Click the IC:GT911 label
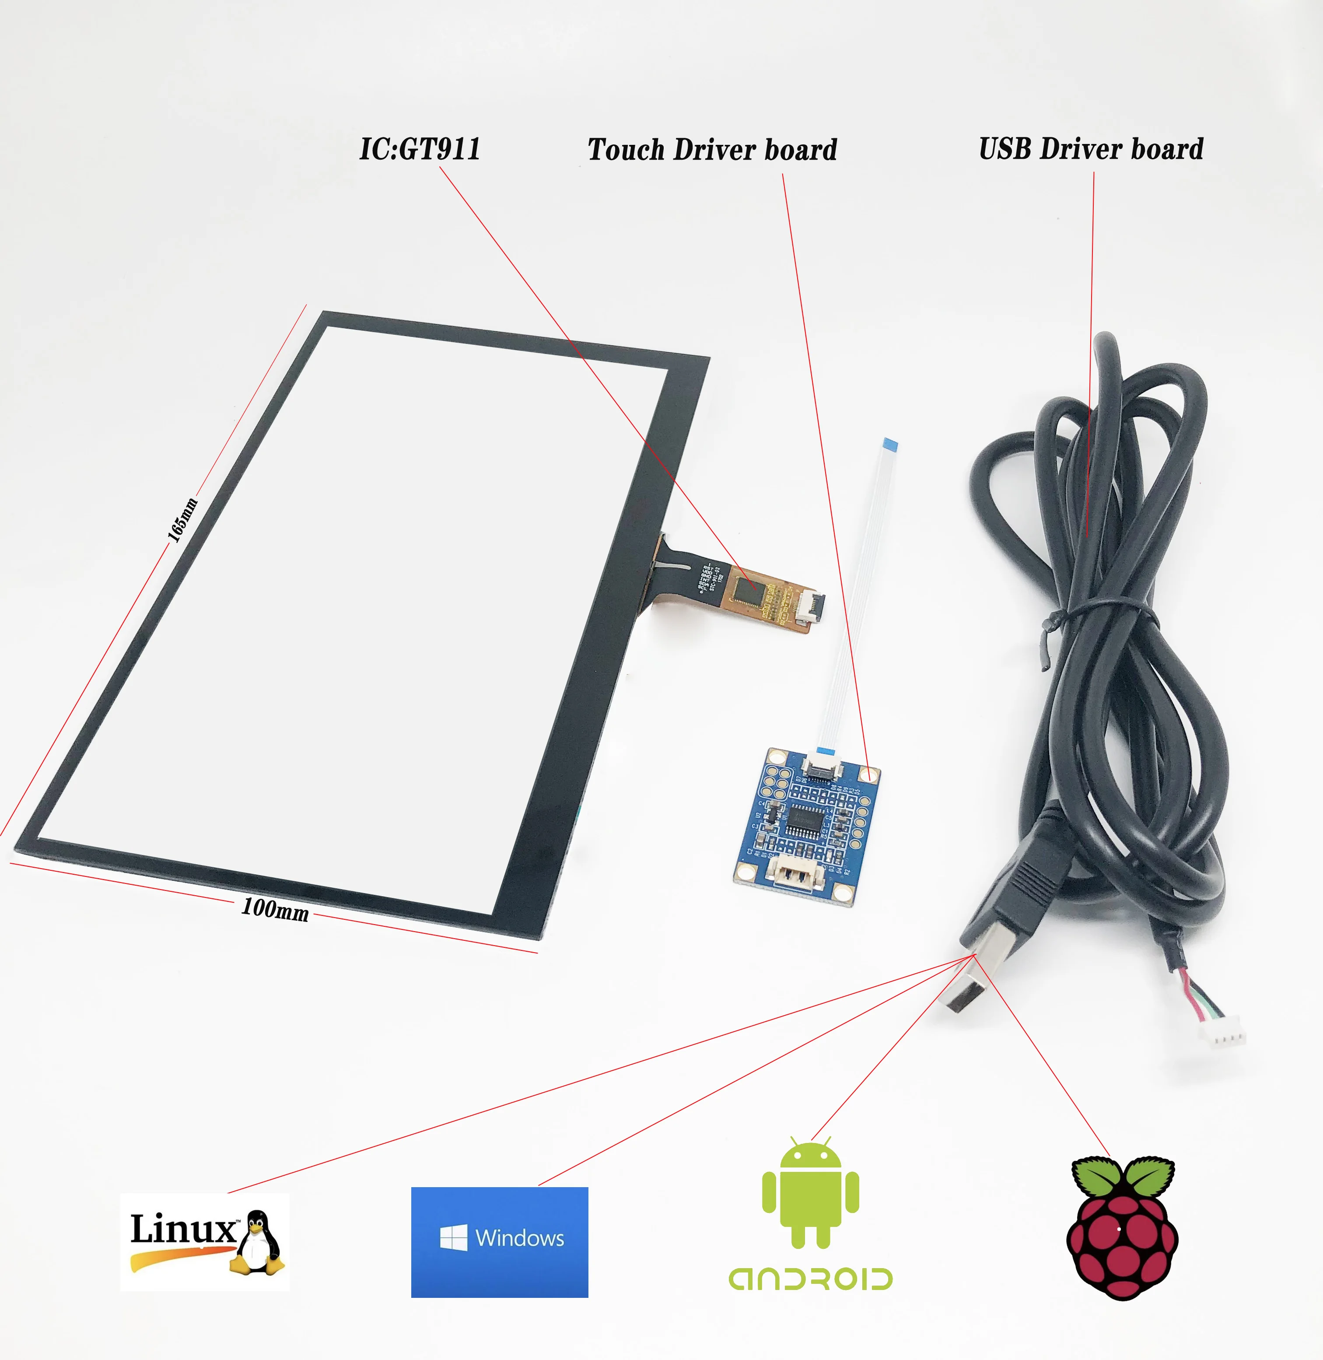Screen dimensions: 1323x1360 pos(420,149)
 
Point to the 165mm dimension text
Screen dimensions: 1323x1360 pos(183,520)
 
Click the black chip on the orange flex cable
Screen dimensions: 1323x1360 pos(746,592)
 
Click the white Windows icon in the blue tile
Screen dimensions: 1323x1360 pos(453,1237)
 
